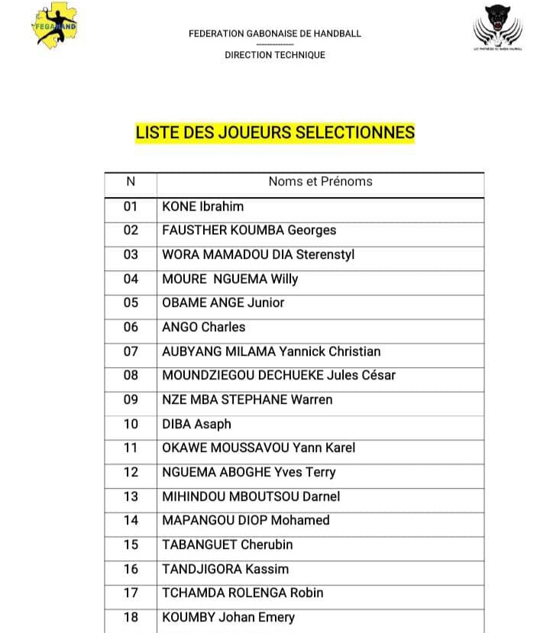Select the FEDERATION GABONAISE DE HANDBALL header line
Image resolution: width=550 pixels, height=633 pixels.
(275, 34)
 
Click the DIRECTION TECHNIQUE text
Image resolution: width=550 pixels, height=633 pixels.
(275, 55)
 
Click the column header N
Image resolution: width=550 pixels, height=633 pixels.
(131, 182)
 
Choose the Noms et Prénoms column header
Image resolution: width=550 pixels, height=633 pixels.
(320, 182)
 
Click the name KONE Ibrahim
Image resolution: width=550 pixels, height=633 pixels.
(203, 206)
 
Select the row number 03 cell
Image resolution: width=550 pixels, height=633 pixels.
(131, 254)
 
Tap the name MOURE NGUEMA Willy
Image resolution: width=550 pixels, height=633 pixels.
(230, 279)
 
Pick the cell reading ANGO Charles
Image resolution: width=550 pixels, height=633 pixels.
(204, 327)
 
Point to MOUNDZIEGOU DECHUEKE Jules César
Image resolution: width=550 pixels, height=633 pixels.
(279, 375)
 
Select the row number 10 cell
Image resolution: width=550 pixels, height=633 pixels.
(131, 424)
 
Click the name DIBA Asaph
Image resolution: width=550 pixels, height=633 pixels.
(196, 424)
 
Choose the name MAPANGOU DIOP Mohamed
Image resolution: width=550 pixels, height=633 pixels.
(246, 520)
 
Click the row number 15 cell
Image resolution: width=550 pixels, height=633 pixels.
(131, 544)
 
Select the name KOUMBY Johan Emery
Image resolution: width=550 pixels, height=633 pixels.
(228, 617)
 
